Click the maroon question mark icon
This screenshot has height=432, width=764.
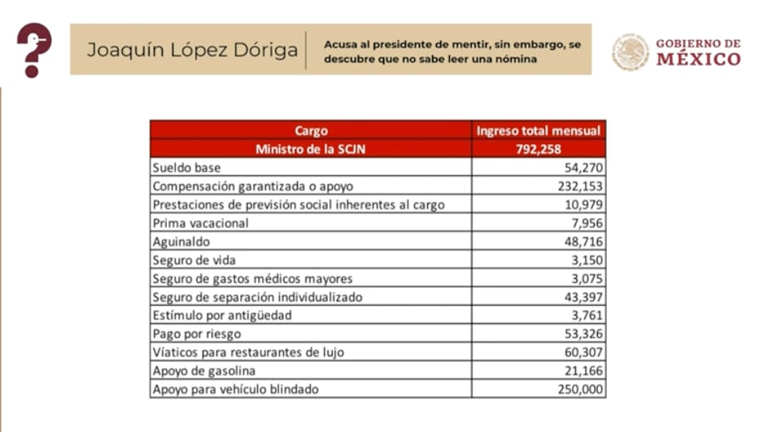point(33,50)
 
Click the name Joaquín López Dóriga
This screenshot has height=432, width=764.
point(192,50)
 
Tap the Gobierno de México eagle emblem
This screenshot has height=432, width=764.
point(630,51)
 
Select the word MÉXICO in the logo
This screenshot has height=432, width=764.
point(698,59)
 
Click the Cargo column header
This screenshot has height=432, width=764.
point(312,130)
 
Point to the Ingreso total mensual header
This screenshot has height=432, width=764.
point(539,130)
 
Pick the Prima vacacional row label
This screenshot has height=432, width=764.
point(200,223)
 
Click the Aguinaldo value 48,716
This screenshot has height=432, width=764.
point(581,242)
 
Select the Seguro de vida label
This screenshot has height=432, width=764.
point(194,260)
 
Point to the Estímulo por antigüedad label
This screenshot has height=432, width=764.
point(221,316)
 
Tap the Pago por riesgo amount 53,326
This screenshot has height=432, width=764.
point(581,334)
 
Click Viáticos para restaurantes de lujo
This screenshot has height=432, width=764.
point(248,352)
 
